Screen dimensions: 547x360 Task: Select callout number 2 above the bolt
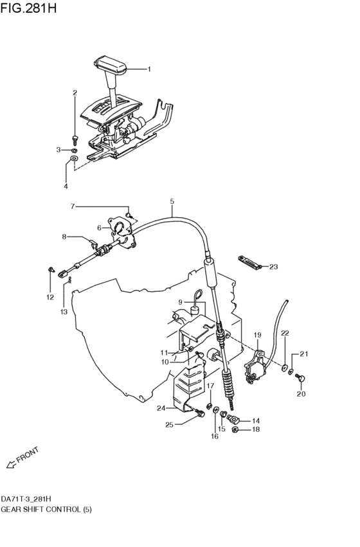tap(75, 93)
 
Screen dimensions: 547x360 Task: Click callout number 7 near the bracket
tap(73, 206)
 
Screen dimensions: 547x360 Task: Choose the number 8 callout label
tap(64, 237)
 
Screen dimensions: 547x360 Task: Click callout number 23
tap(274, 266)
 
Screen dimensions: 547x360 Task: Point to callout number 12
tap(50, 296)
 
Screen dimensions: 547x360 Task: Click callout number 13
tap(64, 311)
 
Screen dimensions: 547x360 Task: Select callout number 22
tap(285, 333)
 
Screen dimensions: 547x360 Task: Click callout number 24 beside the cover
tap(161, 408)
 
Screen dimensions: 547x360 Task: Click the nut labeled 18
tap(235, 429)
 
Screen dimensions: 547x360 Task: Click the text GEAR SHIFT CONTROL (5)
tap(38, 508)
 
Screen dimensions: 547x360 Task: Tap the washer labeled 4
tap(74, 157)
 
